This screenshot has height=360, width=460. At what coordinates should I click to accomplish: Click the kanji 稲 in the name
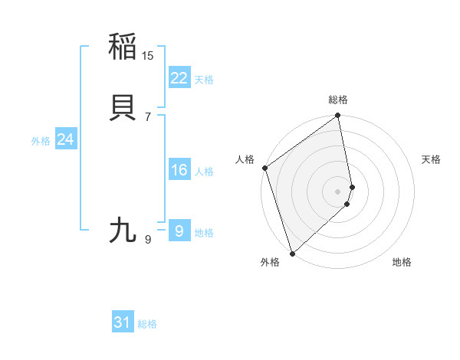click(123, 47)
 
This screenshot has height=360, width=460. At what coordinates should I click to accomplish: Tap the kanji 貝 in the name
click(123, 107)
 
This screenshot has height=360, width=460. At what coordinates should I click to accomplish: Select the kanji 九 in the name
click(123, 230)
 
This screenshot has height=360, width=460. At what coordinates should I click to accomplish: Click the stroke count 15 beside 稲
click(148, 55)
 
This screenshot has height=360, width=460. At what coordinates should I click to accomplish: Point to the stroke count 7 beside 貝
click(147, 116)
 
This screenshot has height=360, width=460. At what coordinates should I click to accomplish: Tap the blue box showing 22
click(179, 78)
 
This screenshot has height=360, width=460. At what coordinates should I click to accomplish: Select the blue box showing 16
click(179, 170)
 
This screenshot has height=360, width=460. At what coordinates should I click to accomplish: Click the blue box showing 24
click(65, 139)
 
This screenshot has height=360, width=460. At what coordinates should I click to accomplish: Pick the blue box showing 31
click(123, 322)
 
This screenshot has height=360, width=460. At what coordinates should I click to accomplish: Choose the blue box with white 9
click(179, 231)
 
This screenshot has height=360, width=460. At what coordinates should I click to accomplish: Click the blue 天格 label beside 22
click(204, 80)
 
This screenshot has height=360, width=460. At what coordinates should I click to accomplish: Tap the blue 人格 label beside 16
click(204, 172)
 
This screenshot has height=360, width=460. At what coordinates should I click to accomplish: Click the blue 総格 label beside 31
click(147, 324)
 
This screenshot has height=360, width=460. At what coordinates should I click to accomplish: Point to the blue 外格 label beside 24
click(41, 141)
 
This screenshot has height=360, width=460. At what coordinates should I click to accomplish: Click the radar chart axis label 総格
click(338, 100)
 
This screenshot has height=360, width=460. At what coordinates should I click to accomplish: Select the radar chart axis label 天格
click(431, 159)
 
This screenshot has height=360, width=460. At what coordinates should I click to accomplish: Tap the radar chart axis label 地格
click(402, 262)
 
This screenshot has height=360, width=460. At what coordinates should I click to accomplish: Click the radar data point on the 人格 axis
click(264, 168)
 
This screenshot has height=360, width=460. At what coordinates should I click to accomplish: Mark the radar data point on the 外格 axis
click(292, 253)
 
